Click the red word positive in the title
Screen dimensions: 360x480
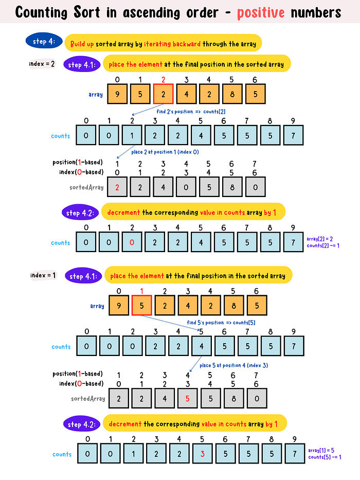tap(261, 12)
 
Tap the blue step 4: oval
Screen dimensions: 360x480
tap(44, 41)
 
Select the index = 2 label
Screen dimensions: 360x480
tap(42, 64)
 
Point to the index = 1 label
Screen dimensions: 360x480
tap(43, 275)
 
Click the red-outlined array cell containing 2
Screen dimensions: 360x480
tap(163, 94)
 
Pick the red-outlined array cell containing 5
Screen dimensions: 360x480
tap(142, 305)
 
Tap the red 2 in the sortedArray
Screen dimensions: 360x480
tap(117, 187)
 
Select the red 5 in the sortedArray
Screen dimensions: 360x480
tap(187, 399)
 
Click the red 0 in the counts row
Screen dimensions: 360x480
tap(132, 242)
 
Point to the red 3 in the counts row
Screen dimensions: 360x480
tap(202, 454)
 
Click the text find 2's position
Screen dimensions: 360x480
tap(175, 112)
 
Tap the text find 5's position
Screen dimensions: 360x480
tap(205, 323)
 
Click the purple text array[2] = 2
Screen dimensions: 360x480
tap(319, 239)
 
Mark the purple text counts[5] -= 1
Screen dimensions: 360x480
tap(325, 457)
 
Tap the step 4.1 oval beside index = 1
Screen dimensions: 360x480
tap(83, 276)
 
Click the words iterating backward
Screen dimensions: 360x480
tap(172, 44)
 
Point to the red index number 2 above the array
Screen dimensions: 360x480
tap(163, 80)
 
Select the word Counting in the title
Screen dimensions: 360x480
tap(41, 13)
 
